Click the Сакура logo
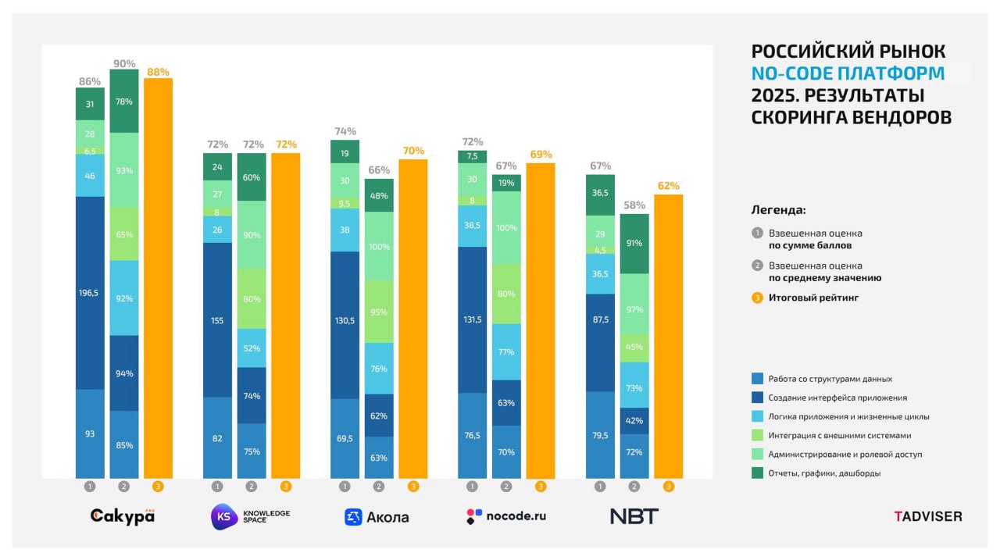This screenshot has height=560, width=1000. click(x=123, y=516)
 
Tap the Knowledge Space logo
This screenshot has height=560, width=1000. click(x=250, y=516)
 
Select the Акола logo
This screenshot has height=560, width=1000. click(x=377, y=517)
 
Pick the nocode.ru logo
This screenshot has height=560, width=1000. click(x=505, y=516)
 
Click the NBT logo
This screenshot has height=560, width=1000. click(x=634, y=516)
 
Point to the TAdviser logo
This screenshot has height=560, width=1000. click(x=928, y=516)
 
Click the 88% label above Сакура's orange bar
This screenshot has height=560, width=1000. click(x=158, y=72)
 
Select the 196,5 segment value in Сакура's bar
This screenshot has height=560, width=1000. click(x=90, y=294)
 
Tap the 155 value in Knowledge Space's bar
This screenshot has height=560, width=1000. click(x=217, y=320)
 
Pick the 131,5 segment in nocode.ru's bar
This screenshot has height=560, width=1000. click(x=472, y=319)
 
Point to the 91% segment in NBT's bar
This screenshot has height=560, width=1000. click(x=634, y=243)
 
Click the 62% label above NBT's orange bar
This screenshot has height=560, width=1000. click(x=668, y=186)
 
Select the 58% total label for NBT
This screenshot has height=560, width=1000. click(x=634, y=205)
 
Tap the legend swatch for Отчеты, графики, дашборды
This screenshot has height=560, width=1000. click(x=757, y=473)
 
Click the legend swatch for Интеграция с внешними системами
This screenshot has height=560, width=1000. click(x=757, y=435)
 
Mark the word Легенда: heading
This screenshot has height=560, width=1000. click(x=778, y=210)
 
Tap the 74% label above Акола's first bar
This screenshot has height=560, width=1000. click(x=345, y=131)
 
